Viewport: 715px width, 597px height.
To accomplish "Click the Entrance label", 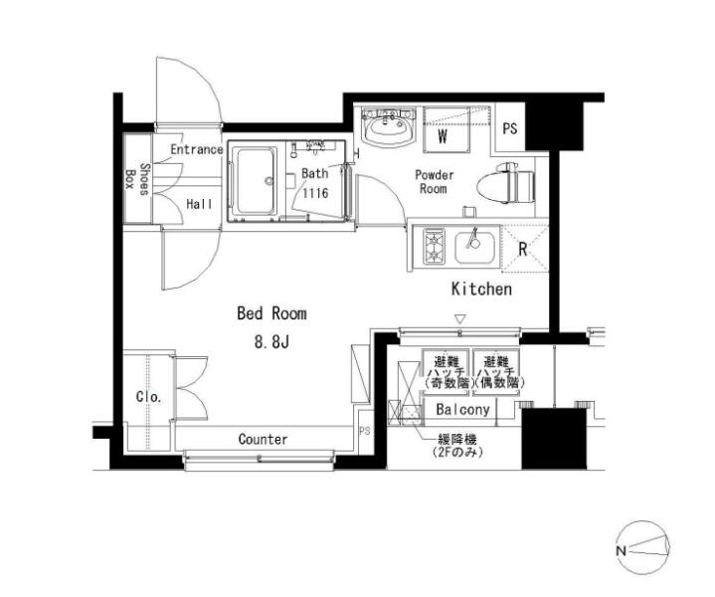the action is tap(197, 149).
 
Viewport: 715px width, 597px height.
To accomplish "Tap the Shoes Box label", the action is tap(137, 179).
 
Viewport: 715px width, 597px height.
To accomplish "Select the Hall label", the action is tap(199, 204).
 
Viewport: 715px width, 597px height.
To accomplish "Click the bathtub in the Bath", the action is tap(255, 181).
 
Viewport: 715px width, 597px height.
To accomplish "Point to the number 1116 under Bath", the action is tap(315, 193).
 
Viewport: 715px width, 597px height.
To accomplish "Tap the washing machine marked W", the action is tap(447, 129).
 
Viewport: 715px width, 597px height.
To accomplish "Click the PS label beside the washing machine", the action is tap(510, 128).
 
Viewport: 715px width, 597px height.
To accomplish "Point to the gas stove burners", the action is tap(434, 247).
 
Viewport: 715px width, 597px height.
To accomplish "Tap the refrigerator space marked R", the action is tap(524, 249).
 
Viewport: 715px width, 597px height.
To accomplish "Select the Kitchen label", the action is tap(481, 289).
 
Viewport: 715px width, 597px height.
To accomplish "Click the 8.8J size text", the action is tap(271, 342).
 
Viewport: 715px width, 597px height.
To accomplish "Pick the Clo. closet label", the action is tap(149, 397).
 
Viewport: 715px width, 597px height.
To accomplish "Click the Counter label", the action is tap(264, 440).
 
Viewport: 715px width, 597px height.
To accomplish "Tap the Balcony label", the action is tap(462, 409).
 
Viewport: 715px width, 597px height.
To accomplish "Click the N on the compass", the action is tap(621, 550).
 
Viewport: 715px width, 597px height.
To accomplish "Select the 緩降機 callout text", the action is tap(457, 440).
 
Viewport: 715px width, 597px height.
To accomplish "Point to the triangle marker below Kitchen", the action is tap(460, 318).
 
